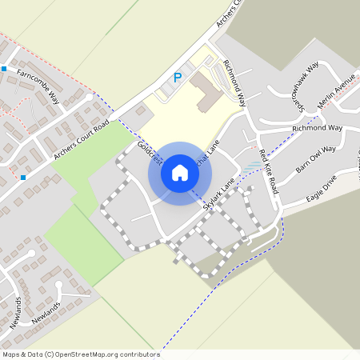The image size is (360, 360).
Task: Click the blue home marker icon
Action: tap(180, 172)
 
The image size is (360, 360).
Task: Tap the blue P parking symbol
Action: tap(178, 78)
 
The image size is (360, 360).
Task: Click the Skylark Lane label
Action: tap(219, 194)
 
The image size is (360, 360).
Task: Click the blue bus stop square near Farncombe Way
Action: tap(3, 69)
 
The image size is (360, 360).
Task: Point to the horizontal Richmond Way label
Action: tap(317, 128)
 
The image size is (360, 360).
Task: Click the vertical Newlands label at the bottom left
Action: tap(18, 314)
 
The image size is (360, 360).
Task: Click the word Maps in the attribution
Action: tap(10, 354)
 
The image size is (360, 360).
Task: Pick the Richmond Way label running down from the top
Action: tap(234, 82)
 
